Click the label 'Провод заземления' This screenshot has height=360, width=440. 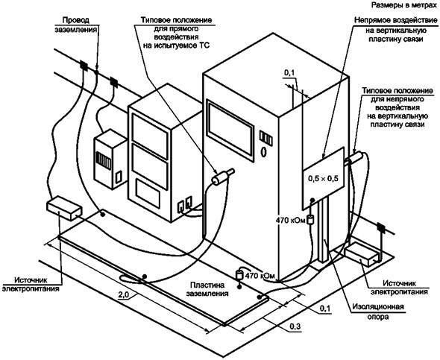coord(76,25)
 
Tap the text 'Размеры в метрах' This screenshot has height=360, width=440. coord(404,5)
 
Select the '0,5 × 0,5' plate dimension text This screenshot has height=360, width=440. coord(323,178)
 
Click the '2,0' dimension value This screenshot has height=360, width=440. coord(123,294)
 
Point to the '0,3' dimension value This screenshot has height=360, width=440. coord(295,326)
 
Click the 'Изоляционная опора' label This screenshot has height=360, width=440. coord(378,312)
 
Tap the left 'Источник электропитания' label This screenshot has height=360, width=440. coord(31,284)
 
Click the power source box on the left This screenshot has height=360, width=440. coord(64,209)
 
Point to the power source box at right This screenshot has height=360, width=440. coord(362,253)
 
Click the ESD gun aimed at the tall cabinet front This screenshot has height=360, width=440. coord(223,177)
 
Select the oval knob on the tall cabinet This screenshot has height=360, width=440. coord(263,152)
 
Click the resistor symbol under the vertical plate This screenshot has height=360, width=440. coord(310,220)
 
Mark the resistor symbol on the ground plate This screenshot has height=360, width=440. coord(239,275)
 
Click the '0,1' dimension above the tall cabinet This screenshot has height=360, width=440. coord(289,73)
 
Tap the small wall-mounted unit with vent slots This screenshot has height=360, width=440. coord(110,160)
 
